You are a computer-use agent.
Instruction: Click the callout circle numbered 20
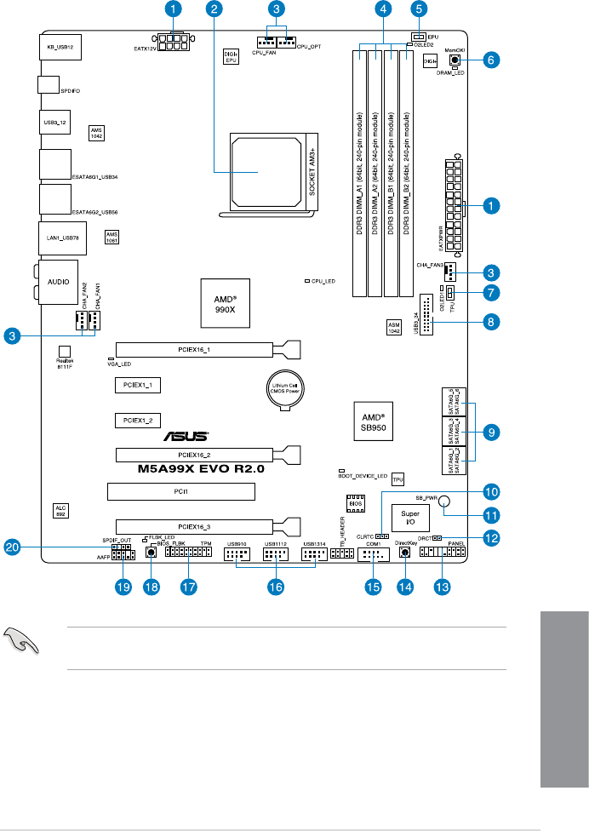12,548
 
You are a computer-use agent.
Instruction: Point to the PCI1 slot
181,491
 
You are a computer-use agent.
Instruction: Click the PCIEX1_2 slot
137,420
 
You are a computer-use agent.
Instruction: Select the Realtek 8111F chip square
64,351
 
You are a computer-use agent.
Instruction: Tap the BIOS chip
356,506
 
